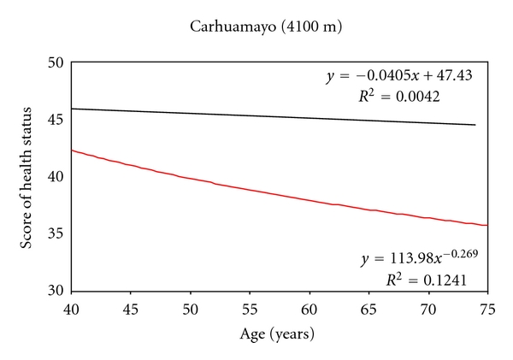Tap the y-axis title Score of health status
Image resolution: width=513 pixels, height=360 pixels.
pos(28,177)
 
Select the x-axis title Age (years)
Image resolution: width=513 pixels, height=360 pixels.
pos(279,336)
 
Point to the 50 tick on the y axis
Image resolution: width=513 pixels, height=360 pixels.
pos(56,63)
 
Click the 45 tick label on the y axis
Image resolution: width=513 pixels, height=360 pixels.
pos(56,120)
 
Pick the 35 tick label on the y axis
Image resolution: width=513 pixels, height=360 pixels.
pos(56,233)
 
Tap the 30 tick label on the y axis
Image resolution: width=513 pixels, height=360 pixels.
pos(56,291)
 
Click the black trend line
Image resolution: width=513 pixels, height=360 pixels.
pos(256,116)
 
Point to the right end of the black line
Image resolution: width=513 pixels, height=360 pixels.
pos(475,125)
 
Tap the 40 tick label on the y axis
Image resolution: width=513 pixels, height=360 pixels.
pos(56,177)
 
